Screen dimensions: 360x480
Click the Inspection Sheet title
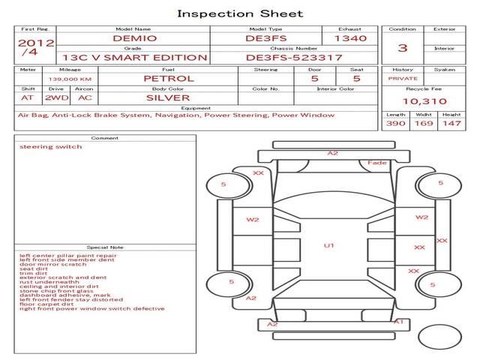tap(240, 13)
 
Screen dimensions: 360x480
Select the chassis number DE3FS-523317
tap(294, 57)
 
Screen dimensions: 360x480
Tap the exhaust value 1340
tap(350, 37)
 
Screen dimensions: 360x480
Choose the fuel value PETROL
tap(168, 78)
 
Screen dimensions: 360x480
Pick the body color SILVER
tap(168, 97)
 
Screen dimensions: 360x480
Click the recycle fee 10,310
tap(424, 101)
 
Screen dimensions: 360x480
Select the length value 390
tap(395, 123)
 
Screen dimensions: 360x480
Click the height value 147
tap(451, 123)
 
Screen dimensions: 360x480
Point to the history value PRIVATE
tap(403, 78)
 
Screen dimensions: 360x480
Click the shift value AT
tap(28, 97)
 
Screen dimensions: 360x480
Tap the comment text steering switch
tap(51, 147)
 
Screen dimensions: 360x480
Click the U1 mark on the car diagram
tap(328, 245)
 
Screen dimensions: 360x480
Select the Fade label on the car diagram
tap(377, 163)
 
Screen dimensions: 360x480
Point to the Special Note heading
tap(105, 247)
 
